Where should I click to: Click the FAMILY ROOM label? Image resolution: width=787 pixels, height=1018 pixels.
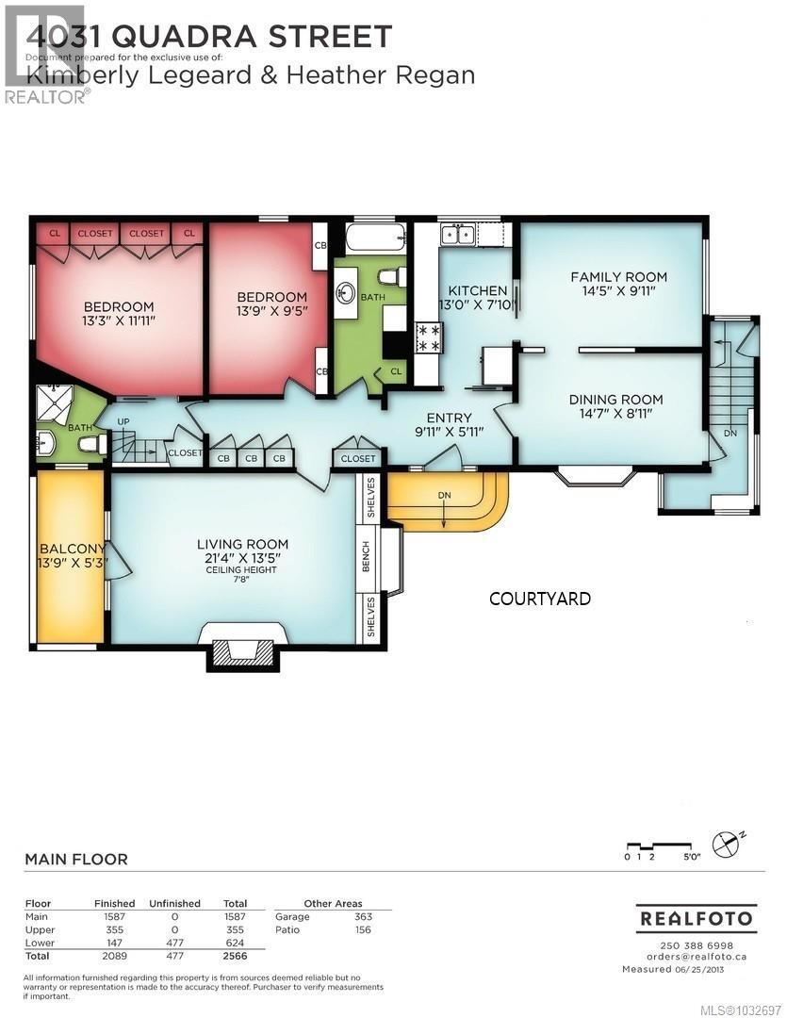(618, 276)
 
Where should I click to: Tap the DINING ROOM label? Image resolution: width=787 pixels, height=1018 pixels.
(615, 399)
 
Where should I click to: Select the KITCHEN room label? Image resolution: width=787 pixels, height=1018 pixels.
(477, 290)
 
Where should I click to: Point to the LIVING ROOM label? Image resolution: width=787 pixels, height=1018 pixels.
(242, 544)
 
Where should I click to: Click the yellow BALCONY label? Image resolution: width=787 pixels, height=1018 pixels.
(69, 550)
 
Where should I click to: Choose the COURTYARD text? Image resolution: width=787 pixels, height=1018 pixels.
(540, 599)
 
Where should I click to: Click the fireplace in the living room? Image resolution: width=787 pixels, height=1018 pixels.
(242, 652)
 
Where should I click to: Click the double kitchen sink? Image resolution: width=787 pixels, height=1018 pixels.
(458, 233)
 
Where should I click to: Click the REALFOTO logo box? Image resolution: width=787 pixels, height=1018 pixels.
(697, 918)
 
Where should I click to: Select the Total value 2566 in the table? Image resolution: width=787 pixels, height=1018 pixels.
(234, 956)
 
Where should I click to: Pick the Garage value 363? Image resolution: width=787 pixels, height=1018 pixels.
(363, 916)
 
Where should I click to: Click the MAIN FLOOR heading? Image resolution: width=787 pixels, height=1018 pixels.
(75, 859)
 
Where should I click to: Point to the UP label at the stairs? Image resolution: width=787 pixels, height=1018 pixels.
(123, 421)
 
